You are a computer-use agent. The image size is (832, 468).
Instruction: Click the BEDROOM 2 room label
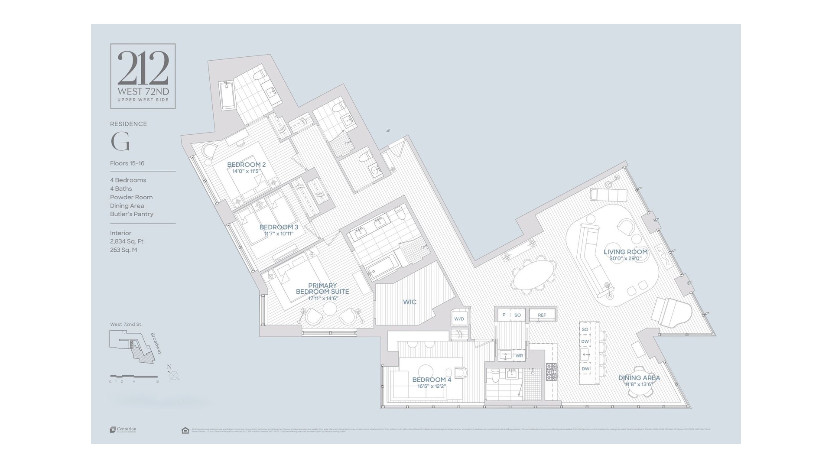246,165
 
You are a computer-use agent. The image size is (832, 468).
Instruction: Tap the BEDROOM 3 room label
279,227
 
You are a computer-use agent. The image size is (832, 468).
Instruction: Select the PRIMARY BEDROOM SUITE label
322,289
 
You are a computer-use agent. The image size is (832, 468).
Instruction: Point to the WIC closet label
409,302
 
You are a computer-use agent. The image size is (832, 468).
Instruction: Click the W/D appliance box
459,319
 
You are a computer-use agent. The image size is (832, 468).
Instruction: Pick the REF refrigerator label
542,315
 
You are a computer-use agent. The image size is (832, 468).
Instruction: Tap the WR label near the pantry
519,356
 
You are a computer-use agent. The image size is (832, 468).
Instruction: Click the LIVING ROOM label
625,252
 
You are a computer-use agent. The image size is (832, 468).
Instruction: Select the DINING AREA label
639,378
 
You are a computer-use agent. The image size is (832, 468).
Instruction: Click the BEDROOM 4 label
431,380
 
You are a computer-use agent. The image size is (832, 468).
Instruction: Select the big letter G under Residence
120,141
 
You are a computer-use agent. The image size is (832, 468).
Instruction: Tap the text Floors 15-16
127,163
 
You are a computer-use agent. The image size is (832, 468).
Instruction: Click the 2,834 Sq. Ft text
127,241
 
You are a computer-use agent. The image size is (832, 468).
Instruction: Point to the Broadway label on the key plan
156,344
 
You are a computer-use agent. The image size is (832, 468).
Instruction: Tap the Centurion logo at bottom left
123,429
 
